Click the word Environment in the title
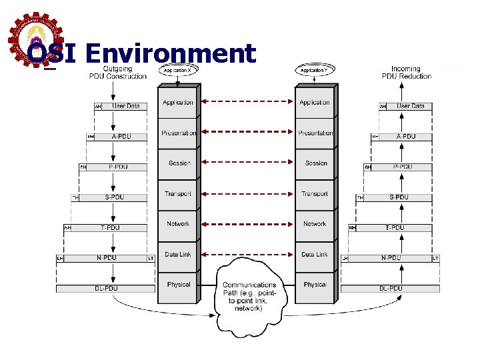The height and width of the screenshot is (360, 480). pos(171,53)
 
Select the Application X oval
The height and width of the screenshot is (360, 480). pos(177,70)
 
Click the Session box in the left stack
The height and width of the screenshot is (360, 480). pos(178,163)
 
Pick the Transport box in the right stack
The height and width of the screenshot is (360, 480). pos(315,194)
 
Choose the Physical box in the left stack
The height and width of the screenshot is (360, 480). pos(178,285)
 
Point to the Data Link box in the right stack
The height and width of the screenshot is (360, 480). pos(315,254)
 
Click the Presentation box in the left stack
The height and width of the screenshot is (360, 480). pos(178,133)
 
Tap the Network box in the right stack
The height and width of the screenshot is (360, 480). pos(315,224)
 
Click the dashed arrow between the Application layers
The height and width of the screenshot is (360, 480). pos(247,102)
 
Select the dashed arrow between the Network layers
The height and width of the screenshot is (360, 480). pos(247,224)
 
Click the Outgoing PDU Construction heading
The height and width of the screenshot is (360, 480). pos(118,72)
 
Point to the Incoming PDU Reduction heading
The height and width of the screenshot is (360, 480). pos(406,72)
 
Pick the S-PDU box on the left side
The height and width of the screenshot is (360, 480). pos(113,197)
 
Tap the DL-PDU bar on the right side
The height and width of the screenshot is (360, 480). pos(391,289)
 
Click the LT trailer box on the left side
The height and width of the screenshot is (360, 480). pos(151,258)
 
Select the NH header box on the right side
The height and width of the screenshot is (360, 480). pos(352,228)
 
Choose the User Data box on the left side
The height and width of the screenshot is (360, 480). pos(125,106)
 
